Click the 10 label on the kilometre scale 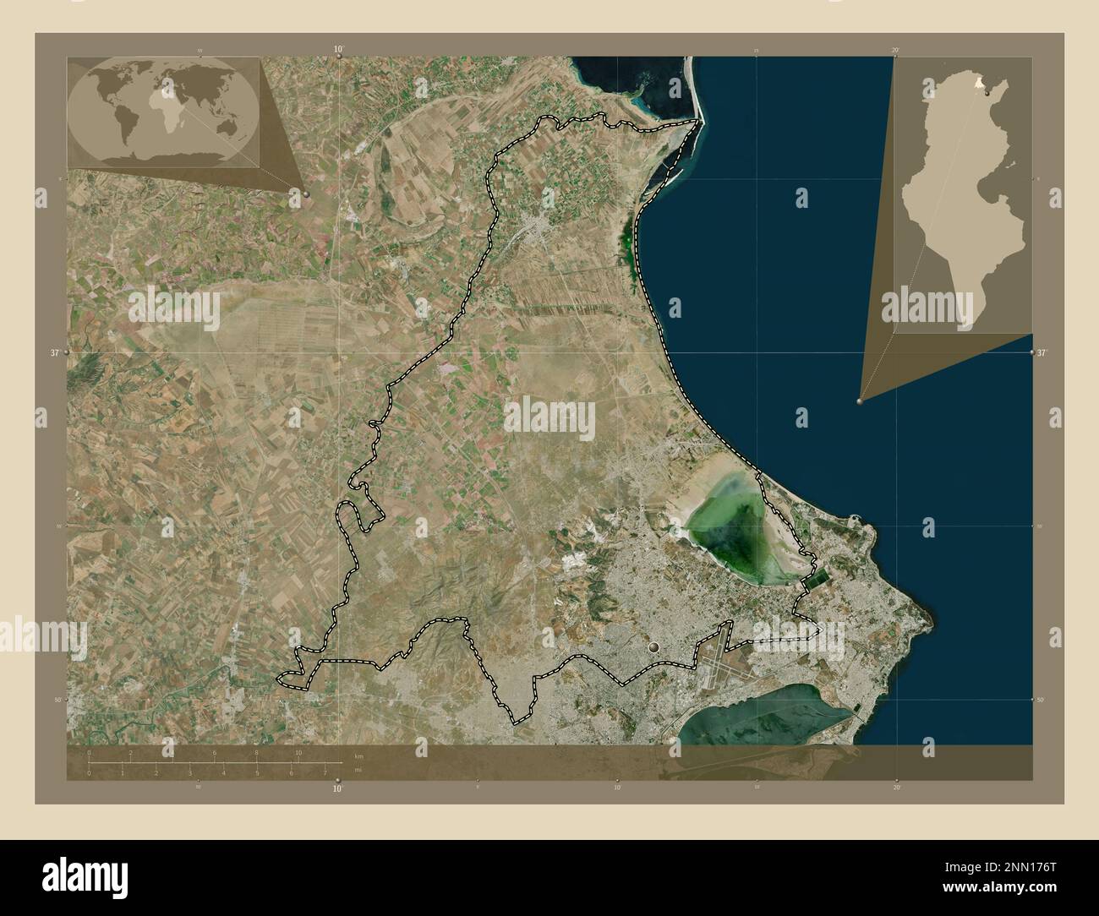[x=298, y=752]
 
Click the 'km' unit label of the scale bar [x=358, y=754]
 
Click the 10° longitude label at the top [x=338, y=49]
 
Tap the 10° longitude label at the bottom [x=338, y=789]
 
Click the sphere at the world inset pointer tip [x=305, y=194]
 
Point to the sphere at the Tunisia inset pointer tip [x=860, y=402]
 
